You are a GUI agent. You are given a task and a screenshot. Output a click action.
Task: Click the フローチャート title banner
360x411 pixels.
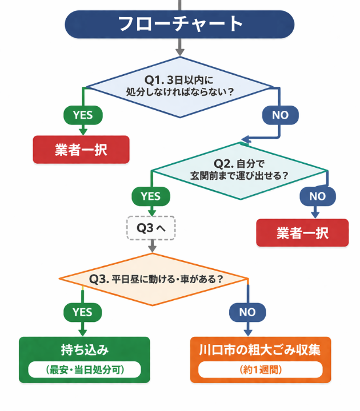click(179, 25)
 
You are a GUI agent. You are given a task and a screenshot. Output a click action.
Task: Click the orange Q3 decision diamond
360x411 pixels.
click(154, 279)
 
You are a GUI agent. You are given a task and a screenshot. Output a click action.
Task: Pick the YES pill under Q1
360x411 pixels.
click(82, 115)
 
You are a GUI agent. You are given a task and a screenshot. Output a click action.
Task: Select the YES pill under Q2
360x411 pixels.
click(150, 196)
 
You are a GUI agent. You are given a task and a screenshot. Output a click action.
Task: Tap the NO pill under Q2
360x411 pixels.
click(317, 196)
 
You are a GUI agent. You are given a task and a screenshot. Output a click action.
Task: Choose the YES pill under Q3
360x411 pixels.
click(82, 312)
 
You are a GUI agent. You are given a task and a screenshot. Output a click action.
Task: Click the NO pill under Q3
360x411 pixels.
click(247, 312)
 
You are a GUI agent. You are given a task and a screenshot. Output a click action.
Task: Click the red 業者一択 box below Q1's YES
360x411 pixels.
click(81, 150)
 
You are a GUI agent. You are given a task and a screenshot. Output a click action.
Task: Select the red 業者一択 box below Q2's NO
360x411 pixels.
click(302, 232)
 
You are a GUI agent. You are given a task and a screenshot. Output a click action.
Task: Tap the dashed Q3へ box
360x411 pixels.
click(151, 228)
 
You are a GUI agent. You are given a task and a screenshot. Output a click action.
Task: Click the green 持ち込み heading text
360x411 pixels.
click(85, 349)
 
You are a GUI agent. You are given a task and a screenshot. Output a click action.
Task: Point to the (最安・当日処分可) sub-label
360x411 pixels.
click(85, 370)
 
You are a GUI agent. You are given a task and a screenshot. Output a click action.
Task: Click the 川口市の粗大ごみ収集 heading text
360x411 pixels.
click(260, 349)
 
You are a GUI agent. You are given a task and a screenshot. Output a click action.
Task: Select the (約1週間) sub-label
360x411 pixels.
click(260, 370)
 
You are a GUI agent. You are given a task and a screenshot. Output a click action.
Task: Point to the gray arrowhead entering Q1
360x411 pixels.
click(180, 52)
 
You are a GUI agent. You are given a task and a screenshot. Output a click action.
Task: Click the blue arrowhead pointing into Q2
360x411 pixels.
click(245, 138)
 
